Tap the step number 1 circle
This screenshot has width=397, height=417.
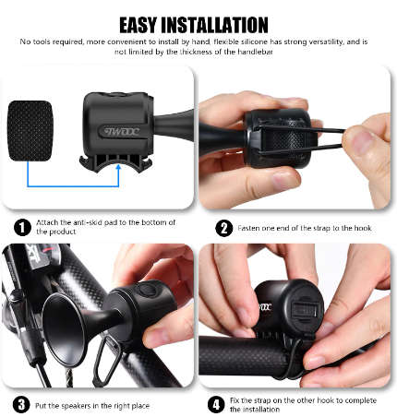[20, 226]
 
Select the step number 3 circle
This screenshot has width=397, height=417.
[20, 404]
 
